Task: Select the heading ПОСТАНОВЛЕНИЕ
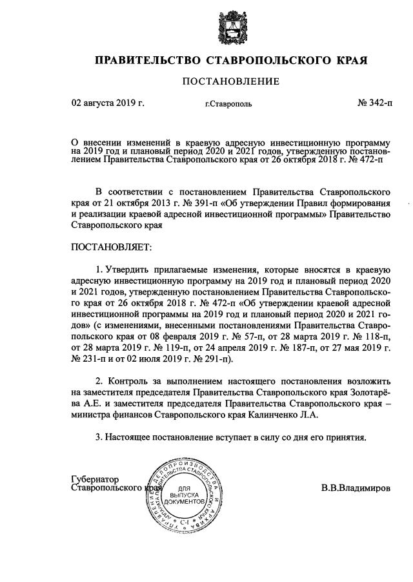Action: point(231,81)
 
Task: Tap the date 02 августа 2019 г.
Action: point(108,102)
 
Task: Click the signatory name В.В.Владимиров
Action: point(356,489)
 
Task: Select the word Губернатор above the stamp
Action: point(95,480)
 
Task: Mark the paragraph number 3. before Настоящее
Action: point(99,437)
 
